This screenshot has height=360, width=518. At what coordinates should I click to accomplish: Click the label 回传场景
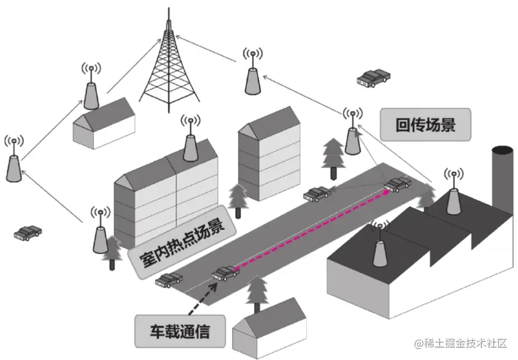pyautogui.click(x=425, y=125)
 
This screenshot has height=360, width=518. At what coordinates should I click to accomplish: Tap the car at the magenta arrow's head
pyautogui.click(x=398, y=185)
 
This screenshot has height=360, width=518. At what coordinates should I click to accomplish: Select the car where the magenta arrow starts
pyautogui.click(x=225, y=272)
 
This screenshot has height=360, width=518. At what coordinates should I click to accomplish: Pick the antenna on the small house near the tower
pyautogui.click(x=91, y=87)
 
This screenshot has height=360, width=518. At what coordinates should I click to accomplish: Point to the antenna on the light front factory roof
pyautogui.click(x=380, y=247)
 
